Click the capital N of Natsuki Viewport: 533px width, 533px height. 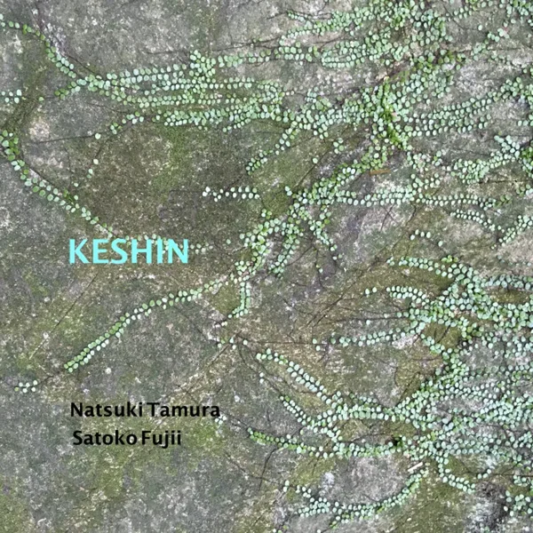[x=77, y=411]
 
